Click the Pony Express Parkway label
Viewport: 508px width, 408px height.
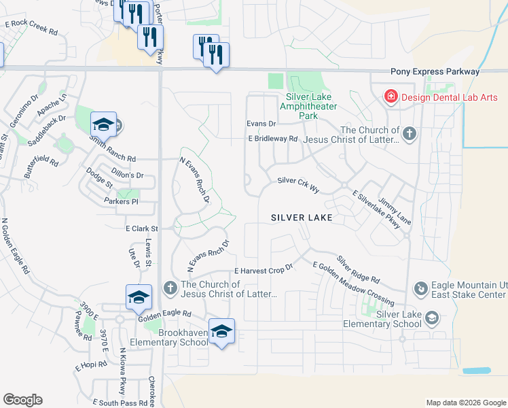click(x=435, y=71)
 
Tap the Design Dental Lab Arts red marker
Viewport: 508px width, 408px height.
click(x=391, y=97)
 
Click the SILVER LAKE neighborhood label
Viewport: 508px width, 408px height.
click(x=302, y=218)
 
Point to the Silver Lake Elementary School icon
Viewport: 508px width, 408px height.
click(x=430, y=318)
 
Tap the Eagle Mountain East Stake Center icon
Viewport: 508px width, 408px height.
click(x=420, y=290)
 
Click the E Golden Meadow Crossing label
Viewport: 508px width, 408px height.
click(x=353, y=282)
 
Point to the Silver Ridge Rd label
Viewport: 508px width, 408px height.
click(x=358, y=270)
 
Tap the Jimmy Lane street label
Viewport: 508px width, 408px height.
click(x=395, y=211)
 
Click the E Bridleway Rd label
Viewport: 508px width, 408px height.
click(x=273, y=139)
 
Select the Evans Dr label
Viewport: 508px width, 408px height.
click(x=261, y=124)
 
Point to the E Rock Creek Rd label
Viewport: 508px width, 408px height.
click(x=31, y=28)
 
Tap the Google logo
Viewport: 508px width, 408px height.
click(x=22, y=400)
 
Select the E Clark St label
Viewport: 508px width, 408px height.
click(x=141, y=229)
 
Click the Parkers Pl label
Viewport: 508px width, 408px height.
click(x=121, y=202)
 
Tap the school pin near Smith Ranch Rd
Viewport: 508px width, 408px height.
click(x=103, y=124)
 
